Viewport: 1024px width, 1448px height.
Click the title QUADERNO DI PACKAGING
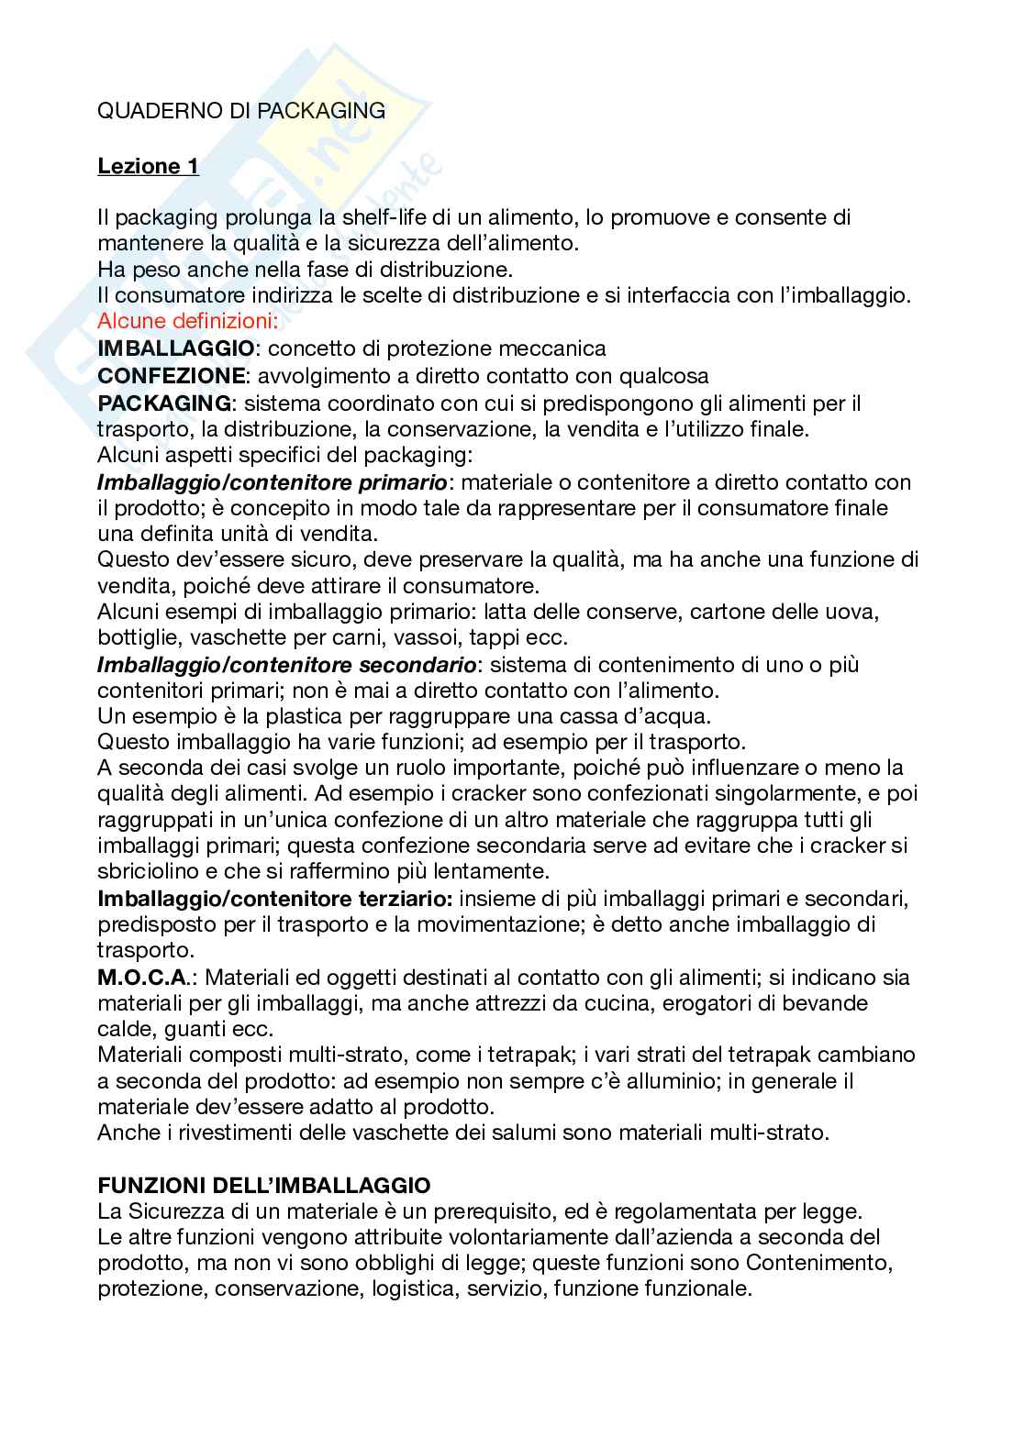point(241,111)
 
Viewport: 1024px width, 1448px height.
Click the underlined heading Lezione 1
point(148,166)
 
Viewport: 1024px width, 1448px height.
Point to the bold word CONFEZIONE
point(172,376)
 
